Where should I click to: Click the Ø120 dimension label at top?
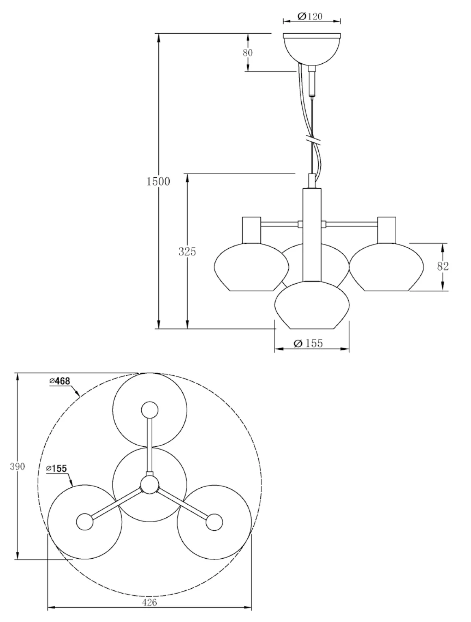click(310, 17)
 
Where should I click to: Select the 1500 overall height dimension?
click(158, 181)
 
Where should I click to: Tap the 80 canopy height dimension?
click(248, 53)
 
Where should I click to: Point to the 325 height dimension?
click(187, 252)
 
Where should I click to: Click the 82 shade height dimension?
click(443, 267)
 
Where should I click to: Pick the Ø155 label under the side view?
click(309, 343)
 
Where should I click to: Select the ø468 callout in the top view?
click(60, 381)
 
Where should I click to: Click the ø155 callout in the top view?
click(56, 469)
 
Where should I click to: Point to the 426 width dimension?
click(149, 603)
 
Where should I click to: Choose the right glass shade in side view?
click(386, 268)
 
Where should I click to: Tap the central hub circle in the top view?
click(149, 485)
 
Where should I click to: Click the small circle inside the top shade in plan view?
click(149, 410)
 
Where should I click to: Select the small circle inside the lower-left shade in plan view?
click(85, 522)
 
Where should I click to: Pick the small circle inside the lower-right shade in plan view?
click(214, 522)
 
